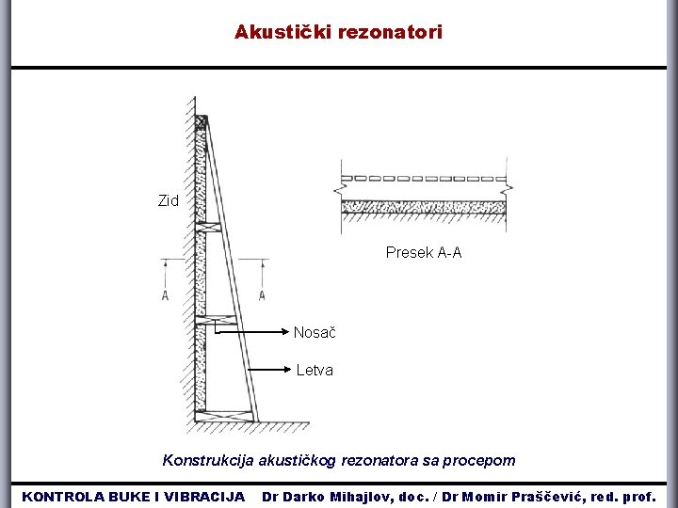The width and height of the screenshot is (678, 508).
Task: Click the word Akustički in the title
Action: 279,33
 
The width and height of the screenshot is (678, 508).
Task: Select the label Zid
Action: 168,200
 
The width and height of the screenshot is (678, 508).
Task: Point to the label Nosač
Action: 315,332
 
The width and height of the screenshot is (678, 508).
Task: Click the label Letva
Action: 315,370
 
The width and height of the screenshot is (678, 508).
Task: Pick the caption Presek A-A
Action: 424,252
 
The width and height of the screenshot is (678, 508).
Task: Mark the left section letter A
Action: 166,295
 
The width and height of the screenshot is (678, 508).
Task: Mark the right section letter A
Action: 262,295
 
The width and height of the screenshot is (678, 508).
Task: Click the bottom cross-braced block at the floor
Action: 226,416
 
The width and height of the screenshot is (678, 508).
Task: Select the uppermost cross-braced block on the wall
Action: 209,228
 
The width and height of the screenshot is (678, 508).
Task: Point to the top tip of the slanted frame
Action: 202,120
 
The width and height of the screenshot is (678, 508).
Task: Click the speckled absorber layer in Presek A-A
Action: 424,207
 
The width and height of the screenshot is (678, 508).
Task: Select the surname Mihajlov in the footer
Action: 357,496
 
